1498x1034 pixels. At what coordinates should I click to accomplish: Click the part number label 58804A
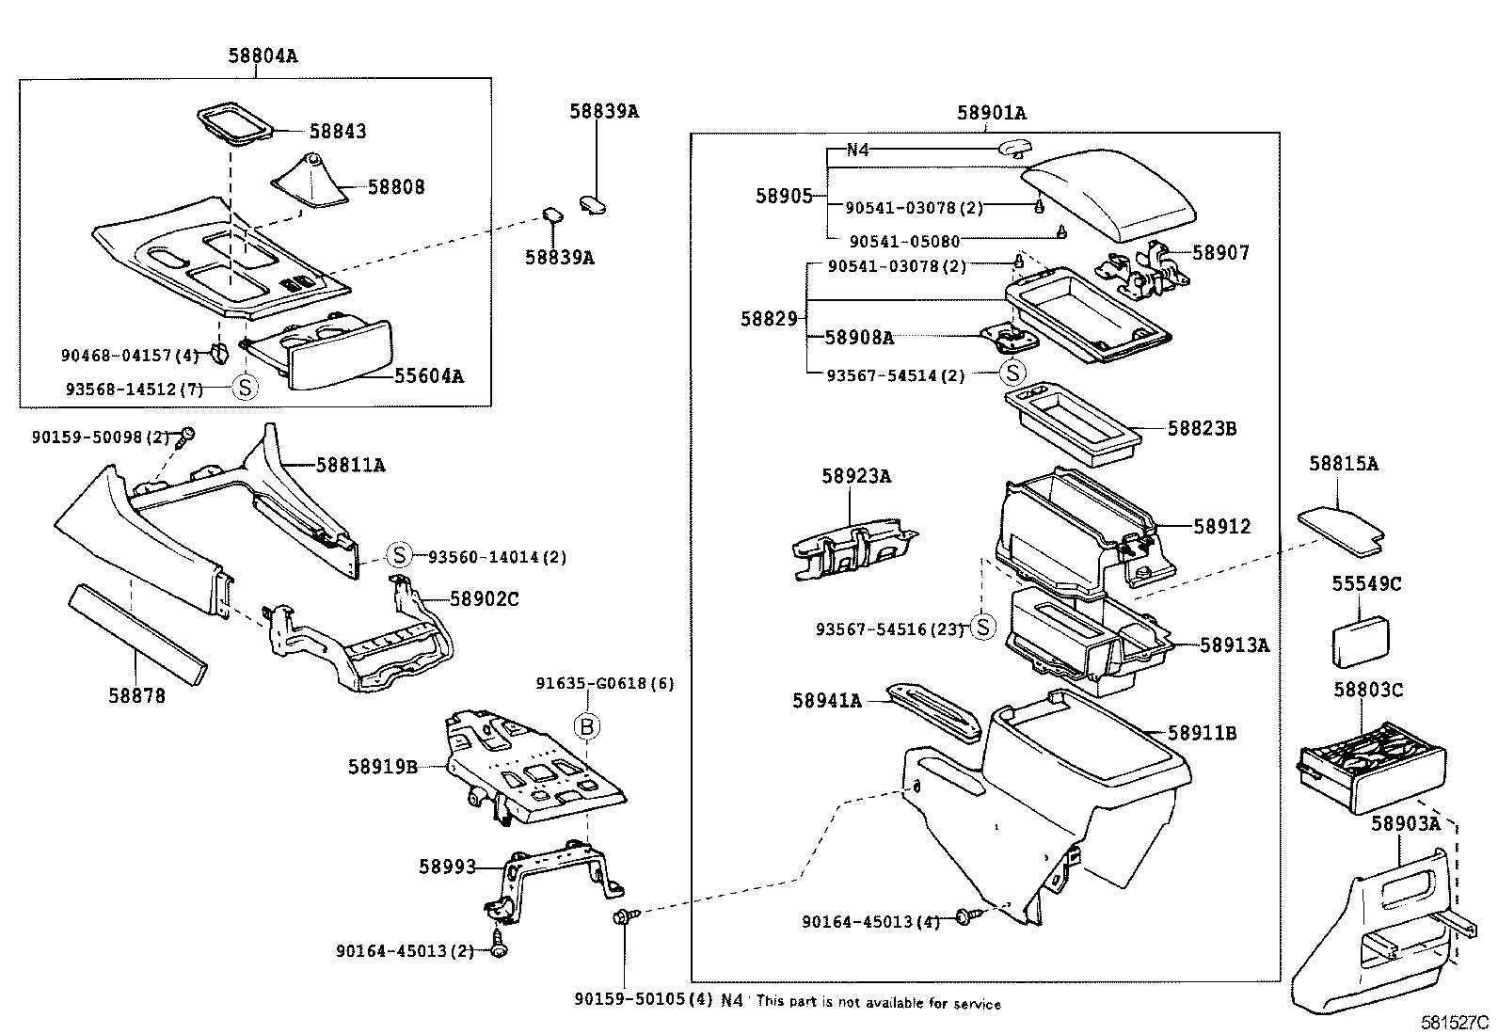pyautogui.click(x=263, y=56)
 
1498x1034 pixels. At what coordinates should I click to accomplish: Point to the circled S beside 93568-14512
pyautogui.click(x=246, y=388)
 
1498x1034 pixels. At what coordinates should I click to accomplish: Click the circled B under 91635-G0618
pyautogui.click(x=587, y=726)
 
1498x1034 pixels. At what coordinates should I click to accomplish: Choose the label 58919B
pyautogui.click(x=383, y=767)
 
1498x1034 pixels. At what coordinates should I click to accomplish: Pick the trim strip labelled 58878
pyautogui.click(x=137, y=634)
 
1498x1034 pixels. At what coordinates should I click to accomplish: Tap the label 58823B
pyautogui.click(x=1203, y=428)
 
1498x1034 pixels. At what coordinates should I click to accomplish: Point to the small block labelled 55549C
pyautogui.click(x=1361, y=642)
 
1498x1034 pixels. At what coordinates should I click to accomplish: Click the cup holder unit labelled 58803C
pyautogui.click(x=1370, y=768)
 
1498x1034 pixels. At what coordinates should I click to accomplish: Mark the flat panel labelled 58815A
pyautogui.click(x=1341, y=533)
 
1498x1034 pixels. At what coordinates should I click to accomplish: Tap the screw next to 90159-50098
pyautogui.click(x=183, y=438)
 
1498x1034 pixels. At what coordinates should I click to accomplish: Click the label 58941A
pyautogui.click(x=827, y=701)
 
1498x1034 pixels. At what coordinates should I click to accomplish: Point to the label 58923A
pyautogui.click(x=856, y=476)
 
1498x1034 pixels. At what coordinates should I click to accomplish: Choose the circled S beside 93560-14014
pyautogui.click(x=399, y=554)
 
